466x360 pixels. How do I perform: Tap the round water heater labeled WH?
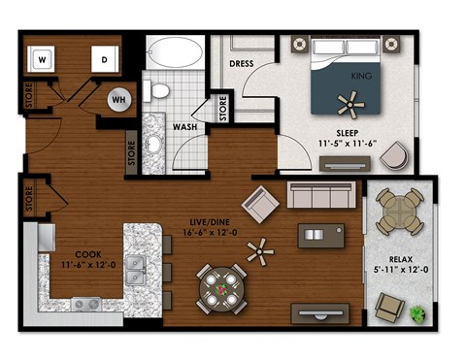coord(118,100)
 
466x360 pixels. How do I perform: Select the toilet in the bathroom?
coord(159,91)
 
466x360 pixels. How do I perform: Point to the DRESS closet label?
coord(241,65)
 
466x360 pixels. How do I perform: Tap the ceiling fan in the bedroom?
coord(349,99)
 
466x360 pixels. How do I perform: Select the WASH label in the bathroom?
coord(185,127)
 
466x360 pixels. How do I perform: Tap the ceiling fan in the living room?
coord(260,251)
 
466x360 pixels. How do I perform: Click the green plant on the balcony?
coord(418,313)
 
